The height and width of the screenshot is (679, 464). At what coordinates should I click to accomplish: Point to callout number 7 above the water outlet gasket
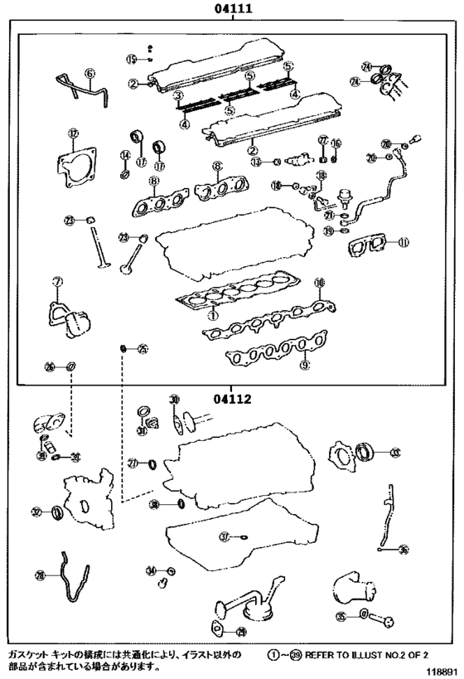pos(57,282)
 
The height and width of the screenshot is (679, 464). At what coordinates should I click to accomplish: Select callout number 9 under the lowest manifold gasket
pos(305,364)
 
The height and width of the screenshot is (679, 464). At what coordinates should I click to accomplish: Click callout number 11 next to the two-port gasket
pos(403,243)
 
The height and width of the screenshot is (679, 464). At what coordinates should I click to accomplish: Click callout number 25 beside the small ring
pos(142,349)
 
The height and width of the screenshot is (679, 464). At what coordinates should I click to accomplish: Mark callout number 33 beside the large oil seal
pos(394,452)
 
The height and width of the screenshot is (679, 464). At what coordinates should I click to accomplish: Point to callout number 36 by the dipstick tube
pos(404,550)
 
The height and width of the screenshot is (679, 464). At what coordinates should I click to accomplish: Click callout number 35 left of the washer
pos(341,615)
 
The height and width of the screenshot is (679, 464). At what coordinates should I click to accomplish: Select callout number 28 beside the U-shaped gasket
pos(39,575)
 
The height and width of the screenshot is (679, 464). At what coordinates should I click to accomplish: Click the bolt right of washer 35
pos(383,618)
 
